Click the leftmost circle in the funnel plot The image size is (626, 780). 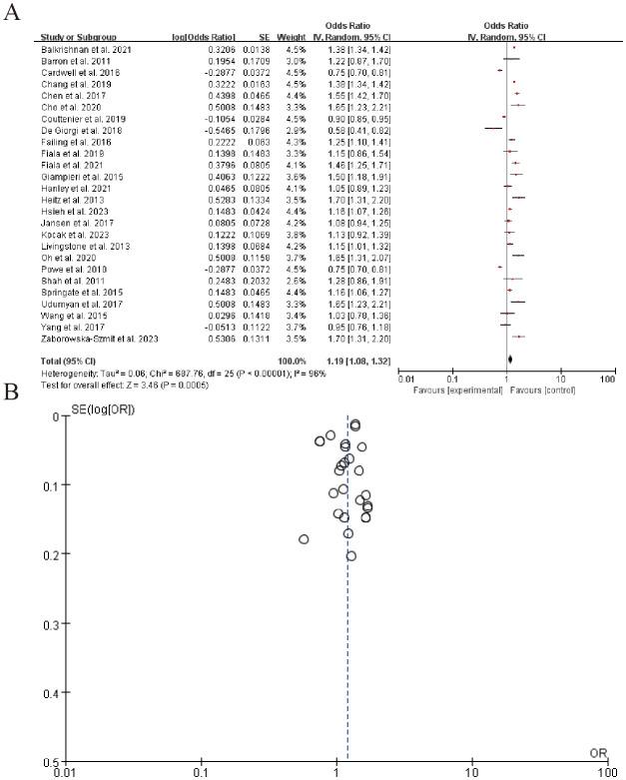click(x=304, y=539)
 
